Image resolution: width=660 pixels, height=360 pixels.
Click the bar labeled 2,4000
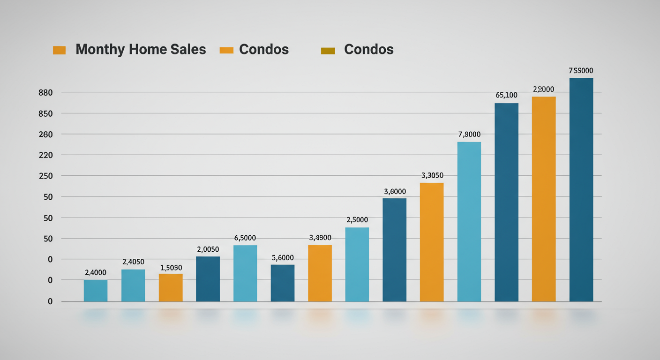96,291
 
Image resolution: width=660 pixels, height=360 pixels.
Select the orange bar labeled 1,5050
171,287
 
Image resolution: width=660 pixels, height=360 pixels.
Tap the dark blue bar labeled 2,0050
208,279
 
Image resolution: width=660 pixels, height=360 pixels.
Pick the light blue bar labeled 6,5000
245,273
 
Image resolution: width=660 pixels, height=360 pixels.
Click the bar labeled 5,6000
283,283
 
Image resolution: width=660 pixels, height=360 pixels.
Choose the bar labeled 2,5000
357,264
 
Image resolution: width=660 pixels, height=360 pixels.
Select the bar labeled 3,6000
395,250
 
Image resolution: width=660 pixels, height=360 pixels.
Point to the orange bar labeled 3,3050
432,242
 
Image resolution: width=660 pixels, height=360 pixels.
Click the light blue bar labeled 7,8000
469,222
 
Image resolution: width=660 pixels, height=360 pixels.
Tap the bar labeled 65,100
507,202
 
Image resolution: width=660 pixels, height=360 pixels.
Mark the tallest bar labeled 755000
581,190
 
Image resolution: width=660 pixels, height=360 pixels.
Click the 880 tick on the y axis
45,93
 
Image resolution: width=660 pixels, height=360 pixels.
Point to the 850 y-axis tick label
45,113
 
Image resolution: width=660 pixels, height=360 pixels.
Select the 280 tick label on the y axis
45,135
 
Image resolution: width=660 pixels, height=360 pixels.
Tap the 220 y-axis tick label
45,155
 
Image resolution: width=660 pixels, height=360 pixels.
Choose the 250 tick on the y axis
45,176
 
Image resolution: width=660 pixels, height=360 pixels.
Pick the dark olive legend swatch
328,50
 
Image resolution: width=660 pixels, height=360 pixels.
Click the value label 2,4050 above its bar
133,262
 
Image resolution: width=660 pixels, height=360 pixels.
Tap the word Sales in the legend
189,50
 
